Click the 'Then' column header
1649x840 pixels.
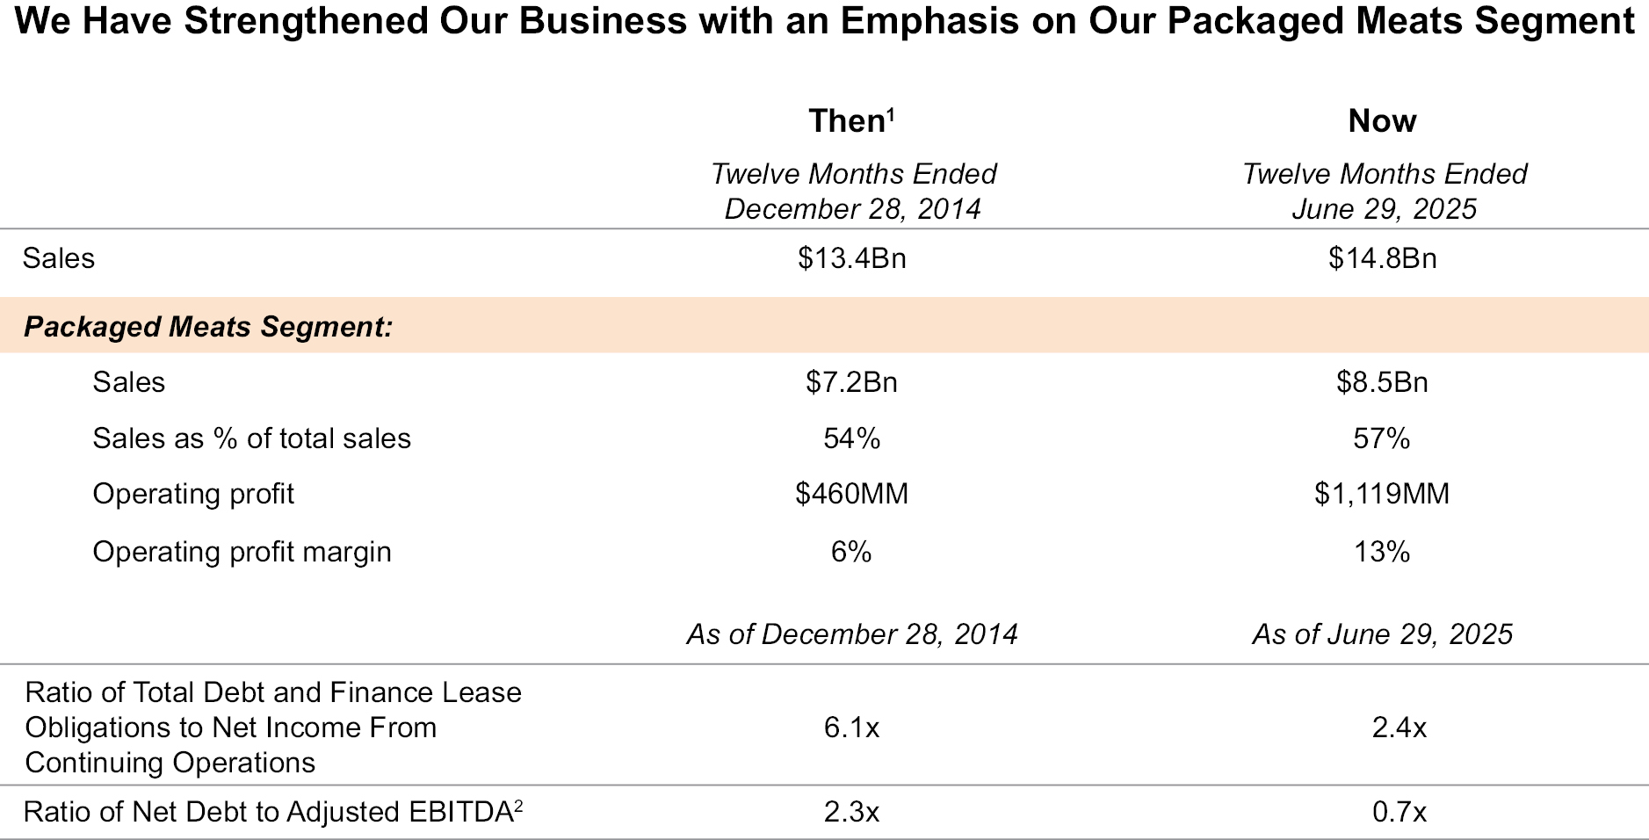(x=848, y=121)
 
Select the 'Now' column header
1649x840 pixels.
(x=1382, y=121)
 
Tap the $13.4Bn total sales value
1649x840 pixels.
(x=851, y=258)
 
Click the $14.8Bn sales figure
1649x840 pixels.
(x=1382, y=258)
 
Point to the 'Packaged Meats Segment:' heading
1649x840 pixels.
(x=208, y=327)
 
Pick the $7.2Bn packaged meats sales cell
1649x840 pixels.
(x=851, y=382)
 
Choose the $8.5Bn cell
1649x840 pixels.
(x=1382, y=382)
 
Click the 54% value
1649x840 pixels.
(x=851, y=438)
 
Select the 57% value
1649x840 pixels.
(x=1382, y=438)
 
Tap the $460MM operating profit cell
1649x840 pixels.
(x=851, y=494)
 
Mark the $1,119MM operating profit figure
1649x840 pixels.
(x=1382, y=494)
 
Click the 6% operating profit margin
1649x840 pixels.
(x=851, y=552)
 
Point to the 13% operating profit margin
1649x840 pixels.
(x=1382, y=552)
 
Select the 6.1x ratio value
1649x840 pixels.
(x=851, y=728)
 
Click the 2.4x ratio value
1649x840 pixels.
(x=1399, y=728)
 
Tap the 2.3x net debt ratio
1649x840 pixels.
(x=851, y=812)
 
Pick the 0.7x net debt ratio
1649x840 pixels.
(x=1399, y=812)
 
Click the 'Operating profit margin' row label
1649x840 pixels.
(x=242, y=552)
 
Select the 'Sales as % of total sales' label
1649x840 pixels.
(x=251, y=438)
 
